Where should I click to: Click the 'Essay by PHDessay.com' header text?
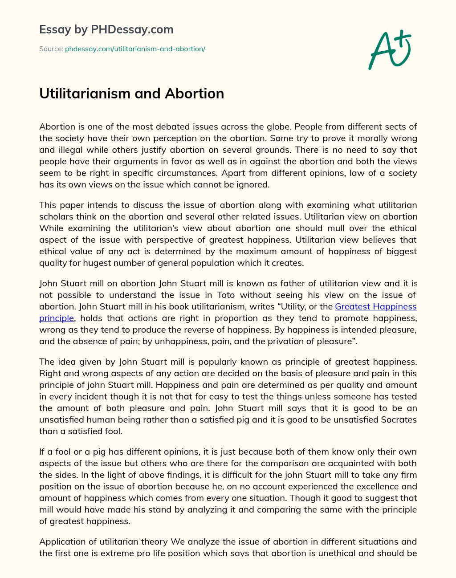(106, 30)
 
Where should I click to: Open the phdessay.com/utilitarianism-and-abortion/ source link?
(135, 49)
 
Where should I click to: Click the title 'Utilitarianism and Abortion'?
(131, 94)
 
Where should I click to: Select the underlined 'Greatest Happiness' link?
(375, 306)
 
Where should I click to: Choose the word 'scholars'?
(55, 217)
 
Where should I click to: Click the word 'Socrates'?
(395, 419)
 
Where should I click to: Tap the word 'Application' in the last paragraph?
(61, 541)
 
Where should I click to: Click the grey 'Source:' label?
(51, 49)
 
